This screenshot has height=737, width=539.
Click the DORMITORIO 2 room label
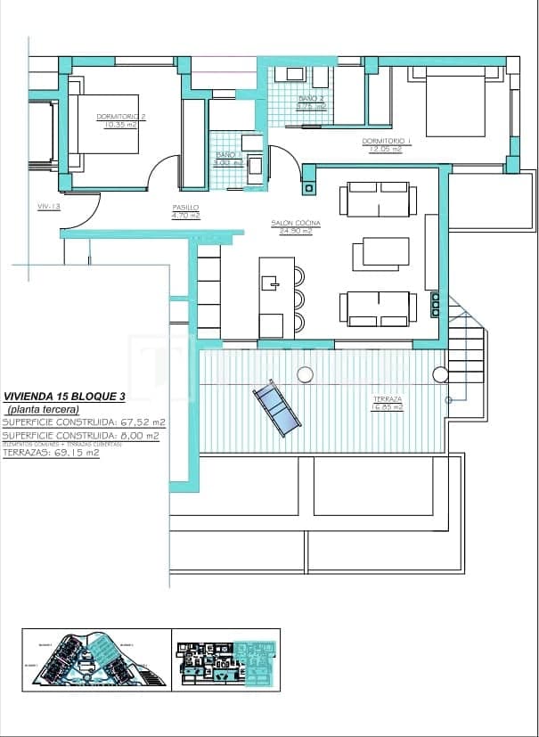point(120,117)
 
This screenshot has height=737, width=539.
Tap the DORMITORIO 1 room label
point(387,141)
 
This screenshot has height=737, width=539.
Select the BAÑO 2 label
point(311,98)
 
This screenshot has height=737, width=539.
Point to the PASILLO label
point(186,208)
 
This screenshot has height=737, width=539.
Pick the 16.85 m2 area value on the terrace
point(388,407)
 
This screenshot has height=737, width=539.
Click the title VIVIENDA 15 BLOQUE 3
point(64,397)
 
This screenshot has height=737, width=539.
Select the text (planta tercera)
point(43,409)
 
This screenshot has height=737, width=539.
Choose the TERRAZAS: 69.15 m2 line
point(52,453)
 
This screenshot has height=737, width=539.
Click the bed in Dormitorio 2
point(105,125)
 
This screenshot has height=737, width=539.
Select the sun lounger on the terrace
point(276,408)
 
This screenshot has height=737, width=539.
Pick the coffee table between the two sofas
point(380,254)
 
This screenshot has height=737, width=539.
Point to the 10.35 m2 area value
point(120,125)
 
